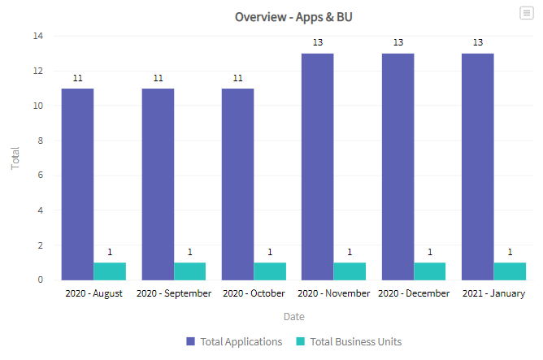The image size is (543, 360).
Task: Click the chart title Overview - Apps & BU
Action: point(293,16)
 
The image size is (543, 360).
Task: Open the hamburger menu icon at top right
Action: point(527,13)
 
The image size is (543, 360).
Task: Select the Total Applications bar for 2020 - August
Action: point(77,184)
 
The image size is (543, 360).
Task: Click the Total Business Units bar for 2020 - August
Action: point(110,271)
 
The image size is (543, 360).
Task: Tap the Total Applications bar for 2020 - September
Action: point(158,184)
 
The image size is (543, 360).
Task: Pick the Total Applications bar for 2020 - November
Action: point(317,167)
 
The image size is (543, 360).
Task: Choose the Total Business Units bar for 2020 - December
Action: point(429,271)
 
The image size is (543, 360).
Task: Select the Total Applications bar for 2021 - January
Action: point(477,167)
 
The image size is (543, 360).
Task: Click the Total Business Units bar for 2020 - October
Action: point(270,271)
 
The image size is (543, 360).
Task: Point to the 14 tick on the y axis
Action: point(38,36)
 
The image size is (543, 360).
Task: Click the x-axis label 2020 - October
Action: point(254,293)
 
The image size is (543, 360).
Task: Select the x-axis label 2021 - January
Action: point(493,293)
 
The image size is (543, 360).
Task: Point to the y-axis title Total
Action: point(15,158)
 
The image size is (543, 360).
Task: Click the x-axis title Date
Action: point(294,316)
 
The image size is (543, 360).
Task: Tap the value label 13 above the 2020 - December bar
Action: point(397,42)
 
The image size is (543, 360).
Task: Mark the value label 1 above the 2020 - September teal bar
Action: point(190,252)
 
